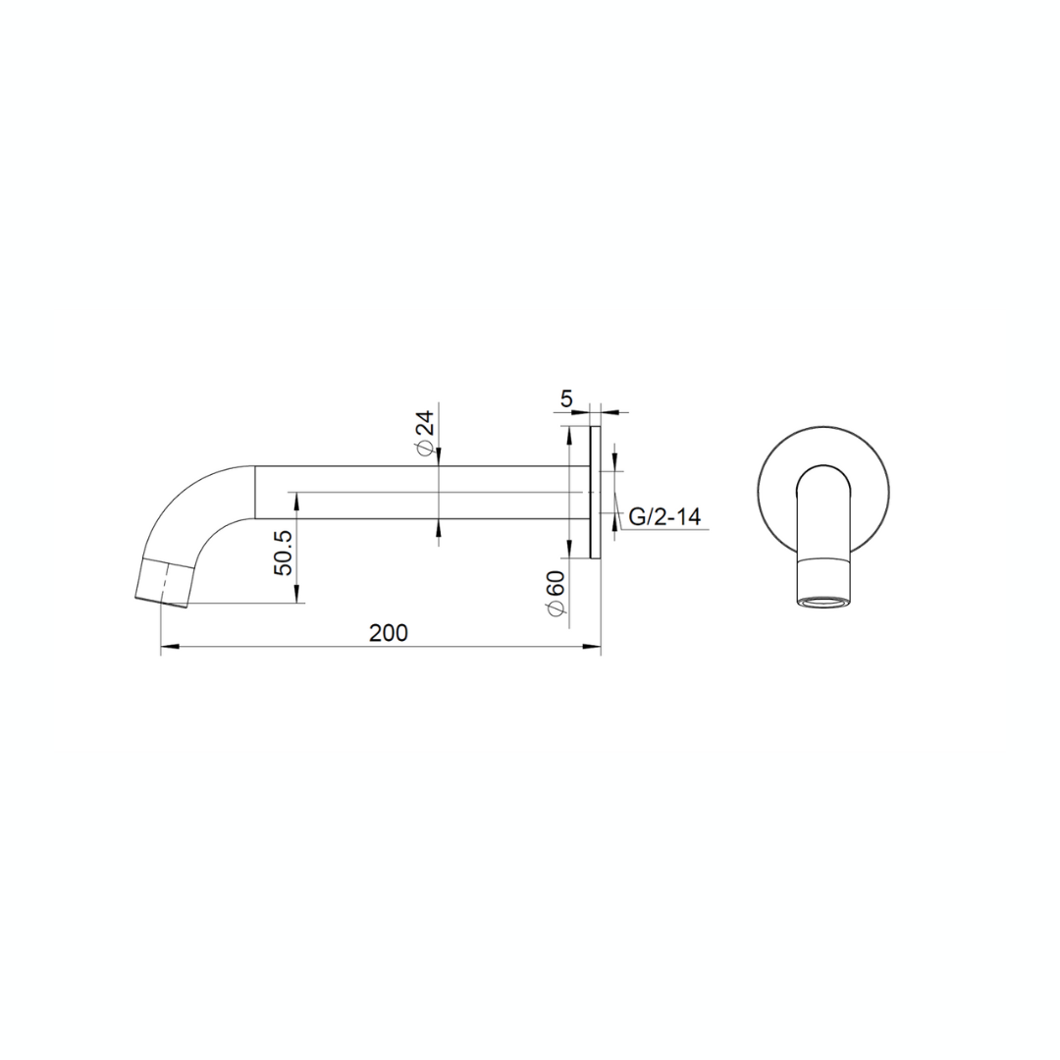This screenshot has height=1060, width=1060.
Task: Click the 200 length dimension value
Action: pos(389,633)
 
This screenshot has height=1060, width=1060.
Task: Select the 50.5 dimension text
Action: pos(284,553)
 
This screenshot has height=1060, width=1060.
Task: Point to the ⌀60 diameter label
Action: pos(556,593)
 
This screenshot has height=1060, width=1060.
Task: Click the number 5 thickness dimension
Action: pos(566,398)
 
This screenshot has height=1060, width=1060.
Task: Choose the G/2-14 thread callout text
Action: pos(664,517)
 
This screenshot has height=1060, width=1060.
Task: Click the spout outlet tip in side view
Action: pos(162,603)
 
